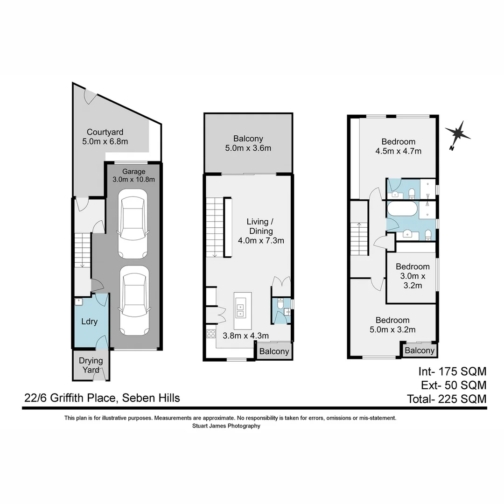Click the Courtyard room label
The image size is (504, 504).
click(105, 132)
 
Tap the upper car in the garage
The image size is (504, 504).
click(133, 226)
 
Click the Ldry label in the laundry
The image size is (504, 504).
click(89, 322)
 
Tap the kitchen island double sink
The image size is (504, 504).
click(242, 307)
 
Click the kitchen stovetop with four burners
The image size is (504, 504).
click(211, 333)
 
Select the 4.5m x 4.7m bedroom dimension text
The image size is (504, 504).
click(398, 151)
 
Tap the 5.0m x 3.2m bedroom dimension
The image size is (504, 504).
click(392, 330)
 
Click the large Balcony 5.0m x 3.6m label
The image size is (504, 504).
click(248, 143)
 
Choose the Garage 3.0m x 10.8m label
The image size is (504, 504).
click(133, 175)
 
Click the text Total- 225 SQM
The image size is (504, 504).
click(447, 399)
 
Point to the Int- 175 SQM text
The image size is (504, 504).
click(452, 371)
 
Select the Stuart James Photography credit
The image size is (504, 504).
click(226, 426)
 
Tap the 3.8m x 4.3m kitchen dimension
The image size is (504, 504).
click(246, 335)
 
